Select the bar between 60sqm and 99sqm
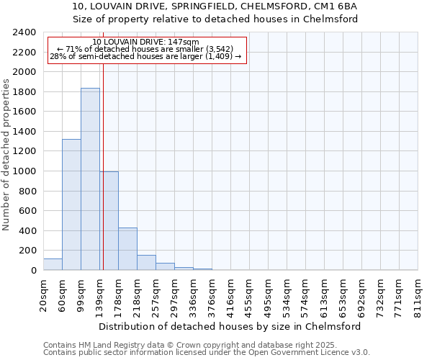(71, 204)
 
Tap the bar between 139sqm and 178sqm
(109, 220)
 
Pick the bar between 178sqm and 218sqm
(127, 248)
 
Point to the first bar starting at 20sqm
(53, 264)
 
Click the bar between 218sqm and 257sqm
(146, 263)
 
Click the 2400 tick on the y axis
(24, 32)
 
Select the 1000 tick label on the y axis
(24, 171)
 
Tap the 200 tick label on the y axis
(27, 251)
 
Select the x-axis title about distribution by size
(230, 326)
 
